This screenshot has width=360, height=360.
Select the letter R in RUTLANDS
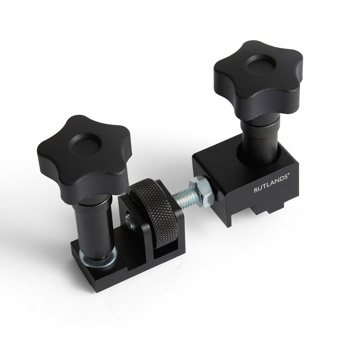(255, 190)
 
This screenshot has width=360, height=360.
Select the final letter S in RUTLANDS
(284, 182)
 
